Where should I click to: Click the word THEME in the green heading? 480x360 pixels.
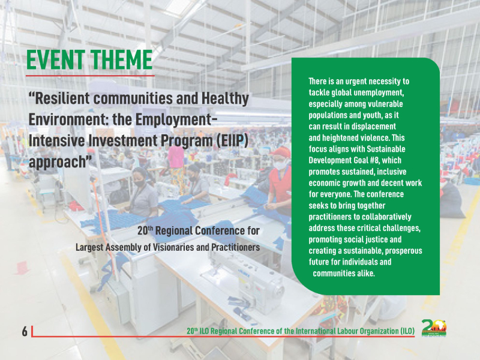[x=122, y=59]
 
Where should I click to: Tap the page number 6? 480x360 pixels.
[x=25, y=331]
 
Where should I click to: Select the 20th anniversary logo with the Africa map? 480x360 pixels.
[x=434, y=328]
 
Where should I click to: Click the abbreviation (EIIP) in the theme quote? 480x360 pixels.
[x=232, y=140]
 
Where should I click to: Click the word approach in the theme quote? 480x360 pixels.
[x=57, y=162]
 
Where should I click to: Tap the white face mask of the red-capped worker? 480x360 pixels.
[x=280, y=165]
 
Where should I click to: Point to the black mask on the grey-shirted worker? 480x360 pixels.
[x=140, y=183]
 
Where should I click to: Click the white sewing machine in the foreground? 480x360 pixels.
[x=254, y=281]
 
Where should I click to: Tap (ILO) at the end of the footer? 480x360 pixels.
[x=407, y=331]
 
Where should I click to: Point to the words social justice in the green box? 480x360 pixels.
[x=362, y=239]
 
